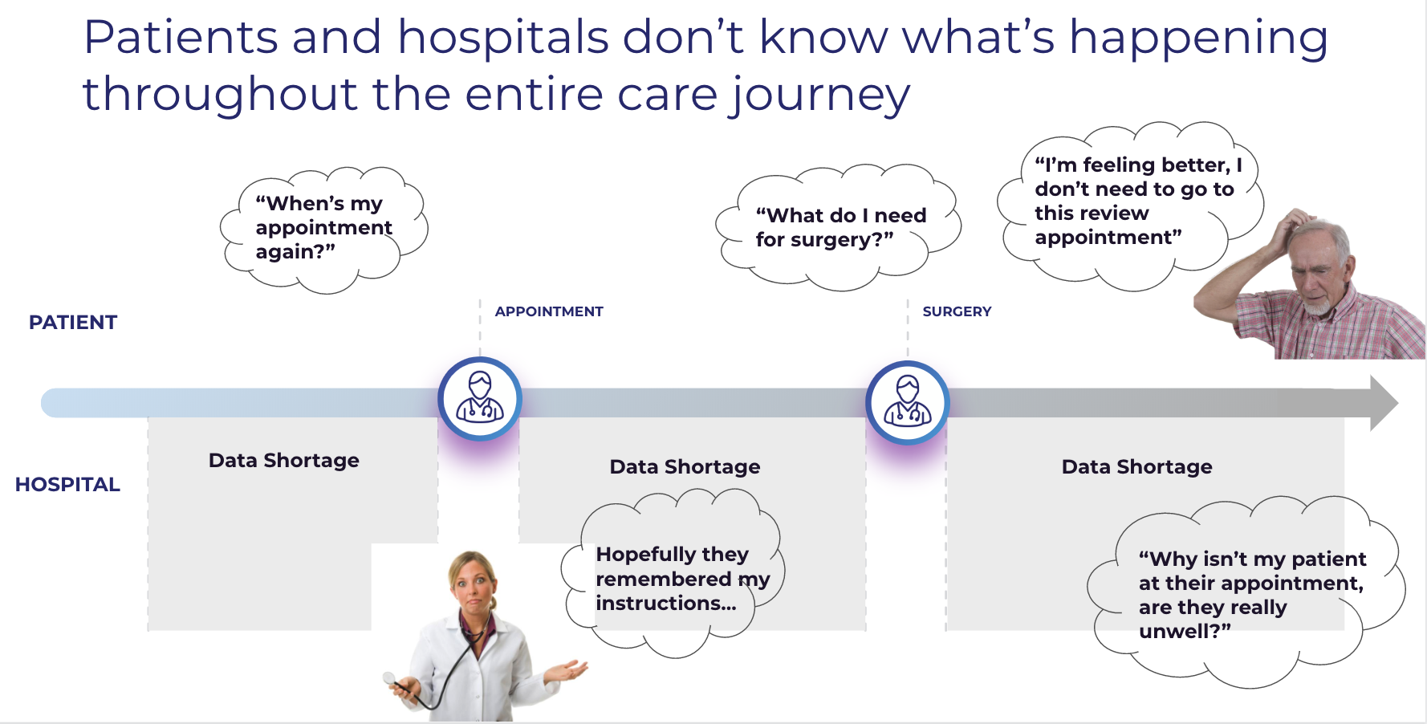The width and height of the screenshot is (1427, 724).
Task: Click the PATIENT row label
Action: tap(73, 323)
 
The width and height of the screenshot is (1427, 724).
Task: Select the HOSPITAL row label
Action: tap(67, 485)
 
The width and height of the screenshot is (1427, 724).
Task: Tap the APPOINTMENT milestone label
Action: tap(549, 311)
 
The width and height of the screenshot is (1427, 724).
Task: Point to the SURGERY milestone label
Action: tap(957, 311)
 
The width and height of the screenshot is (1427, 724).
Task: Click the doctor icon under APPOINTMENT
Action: tap(480, 399)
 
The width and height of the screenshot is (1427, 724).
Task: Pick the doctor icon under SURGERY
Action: tap(908, 403)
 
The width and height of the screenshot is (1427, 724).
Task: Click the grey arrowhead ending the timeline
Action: tap(1384, 403)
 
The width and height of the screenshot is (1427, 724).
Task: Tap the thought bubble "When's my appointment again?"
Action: tap(323, 229)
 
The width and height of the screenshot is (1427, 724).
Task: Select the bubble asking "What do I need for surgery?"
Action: tap(839, 227)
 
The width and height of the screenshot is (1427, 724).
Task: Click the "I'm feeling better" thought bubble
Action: tap(1130, 205)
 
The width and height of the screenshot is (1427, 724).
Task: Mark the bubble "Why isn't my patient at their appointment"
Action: tap(1246, 592)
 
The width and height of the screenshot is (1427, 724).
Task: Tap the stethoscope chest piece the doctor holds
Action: tap(390, 678)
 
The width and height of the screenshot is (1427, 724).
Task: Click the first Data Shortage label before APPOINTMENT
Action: tap(284, 461)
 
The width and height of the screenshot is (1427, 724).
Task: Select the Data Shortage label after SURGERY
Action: tap(1137, 467)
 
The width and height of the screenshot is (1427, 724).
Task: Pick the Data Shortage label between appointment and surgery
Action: tap(685, 467)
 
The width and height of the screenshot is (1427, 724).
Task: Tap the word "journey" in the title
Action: tap(820, 96)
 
